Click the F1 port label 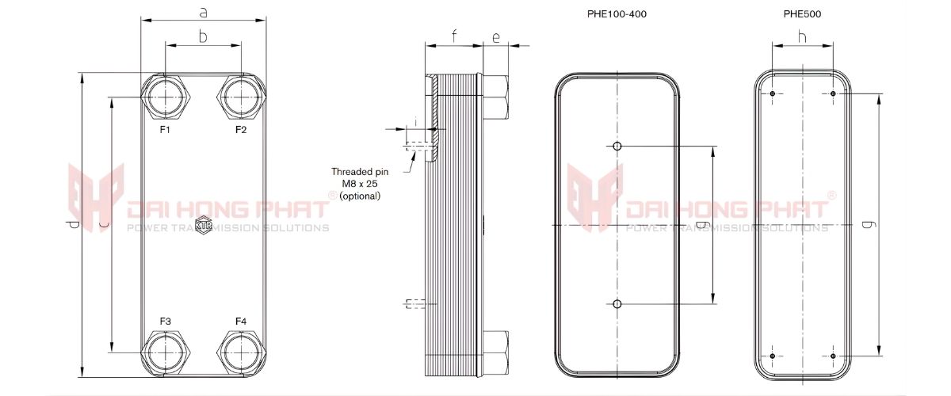[165, 129]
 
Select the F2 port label [241, 129]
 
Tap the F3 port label [165, 321]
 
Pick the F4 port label [241, 321]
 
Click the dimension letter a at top [204, 13]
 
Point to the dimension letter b [203, 36]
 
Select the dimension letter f [454, 36]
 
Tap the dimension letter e [495, 36]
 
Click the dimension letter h [802, 36]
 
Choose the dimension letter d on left [73, 226]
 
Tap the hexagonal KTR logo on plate [203, 223]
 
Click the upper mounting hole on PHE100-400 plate [617, 146]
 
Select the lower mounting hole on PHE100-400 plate [617, 303]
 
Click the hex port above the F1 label [166, 97]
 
